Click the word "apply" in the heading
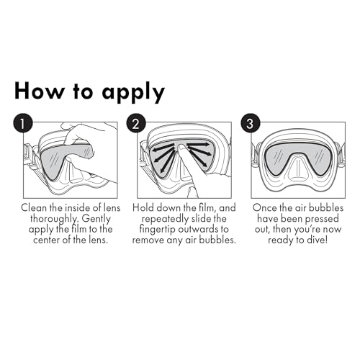click(134, 93)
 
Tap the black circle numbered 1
click(22, 123)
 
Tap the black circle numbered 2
click(136, 123)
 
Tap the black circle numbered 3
click(251, 123)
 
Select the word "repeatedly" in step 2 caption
click(165, 220)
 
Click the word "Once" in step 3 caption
click(264, 208)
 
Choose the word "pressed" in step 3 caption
click(323, 220)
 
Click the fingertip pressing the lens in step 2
click(182, 148)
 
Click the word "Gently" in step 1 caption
click(96, 219)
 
